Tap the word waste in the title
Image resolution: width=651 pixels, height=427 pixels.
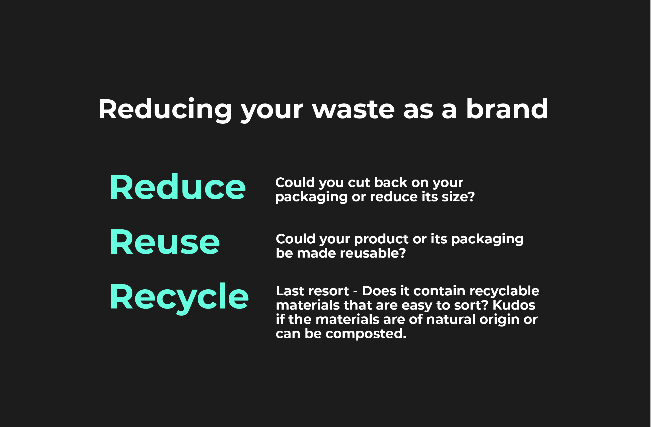(353, 109)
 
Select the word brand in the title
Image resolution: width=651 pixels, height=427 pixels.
(507, 109)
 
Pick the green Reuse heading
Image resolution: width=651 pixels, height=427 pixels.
(165, 242)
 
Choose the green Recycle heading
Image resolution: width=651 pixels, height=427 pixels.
(179, 298)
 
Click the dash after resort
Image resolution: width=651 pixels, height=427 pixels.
(355, 292)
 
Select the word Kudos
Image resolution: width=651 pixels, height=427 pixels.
(514, 305)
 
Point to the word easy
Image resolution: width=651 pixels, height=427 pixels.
(417, 306)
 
